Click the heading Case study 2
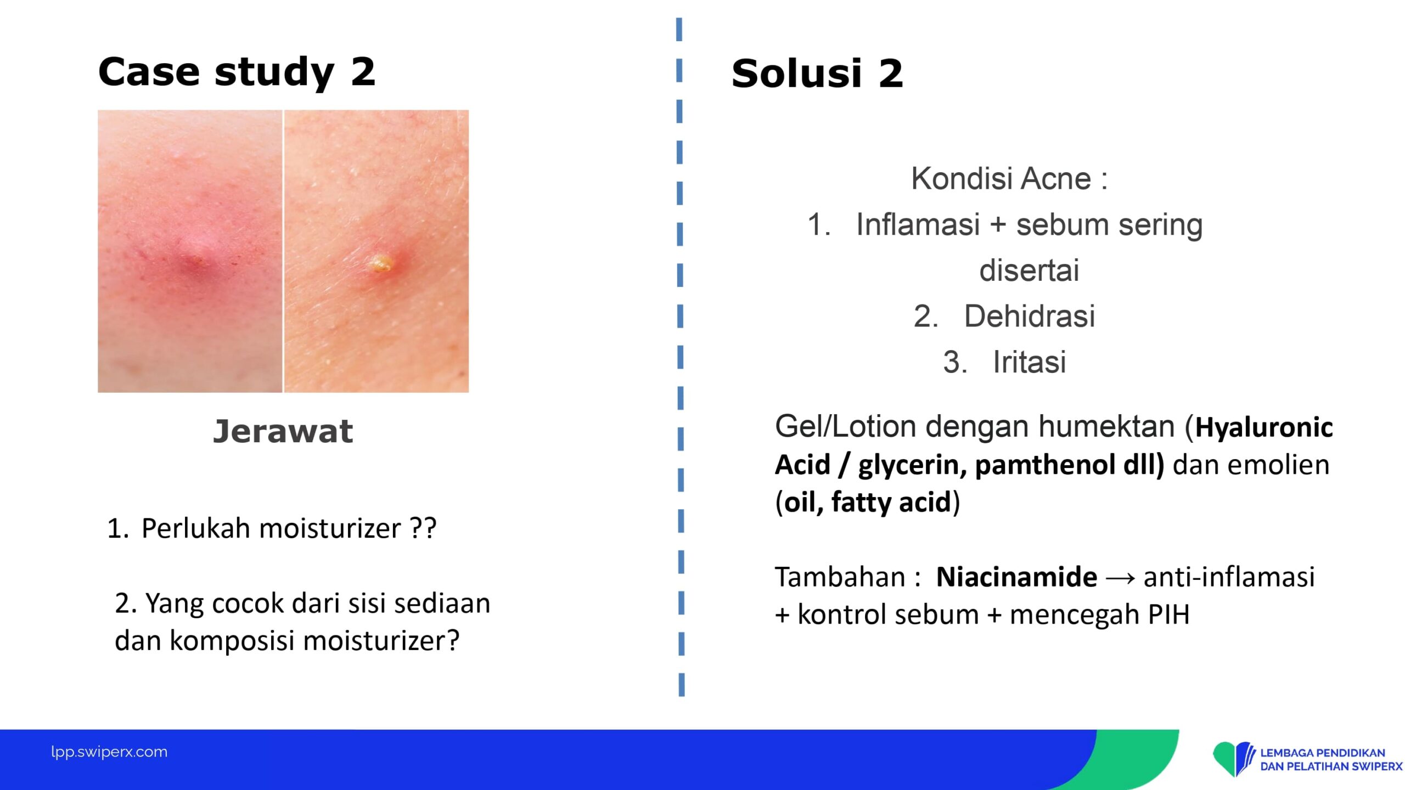coord(237,72)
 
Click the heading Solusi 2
coord(817,74)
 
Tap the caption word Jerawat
coord(283,431)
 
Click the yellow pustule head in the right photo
coord(381,263)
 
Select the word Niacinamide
coord(1016,577)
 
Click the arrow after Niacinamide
coord(1120,578)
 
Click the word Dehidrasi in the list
coord(1030,316)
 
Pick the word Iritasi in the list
coord(1030,362)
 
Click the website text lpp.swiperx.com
coord(109,752)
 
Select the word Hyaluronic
coord(1264,427)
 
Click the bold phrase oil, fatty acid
coord(867,502)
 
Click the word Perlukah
coord(196,528)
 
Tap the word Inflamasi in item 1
coord(918,224)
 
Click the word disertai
coord(1029,270)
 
